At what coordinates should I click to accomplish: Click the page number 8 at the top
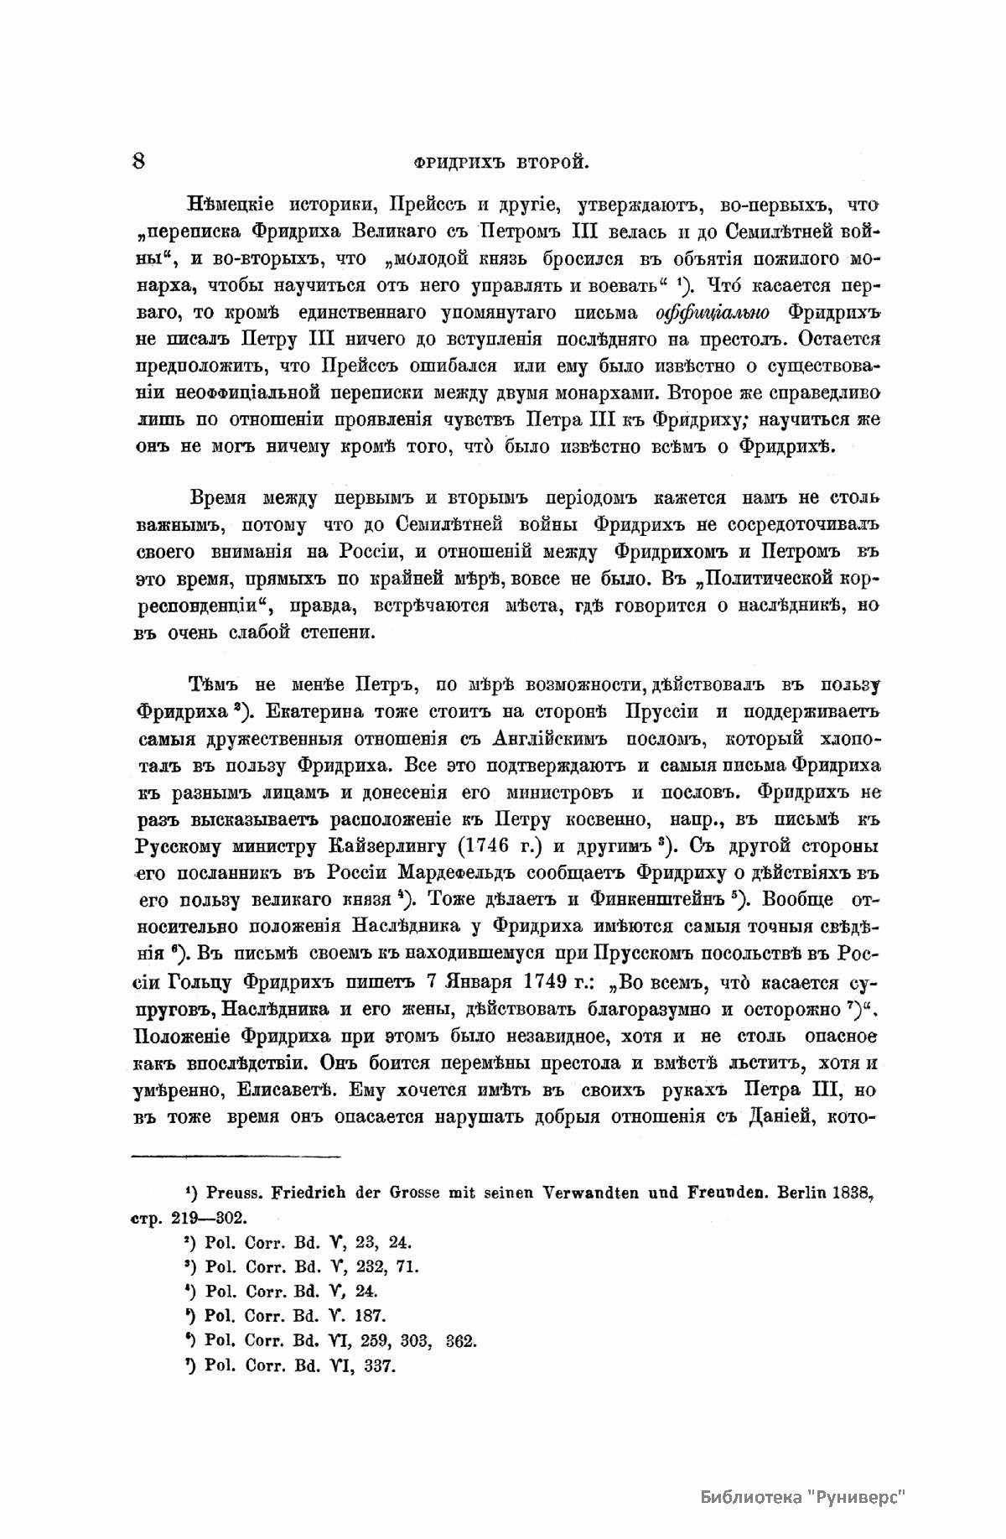click(x=138, y=161)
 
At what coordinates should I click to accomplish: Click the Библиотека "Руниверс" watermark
click(x=804, y=1498)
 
